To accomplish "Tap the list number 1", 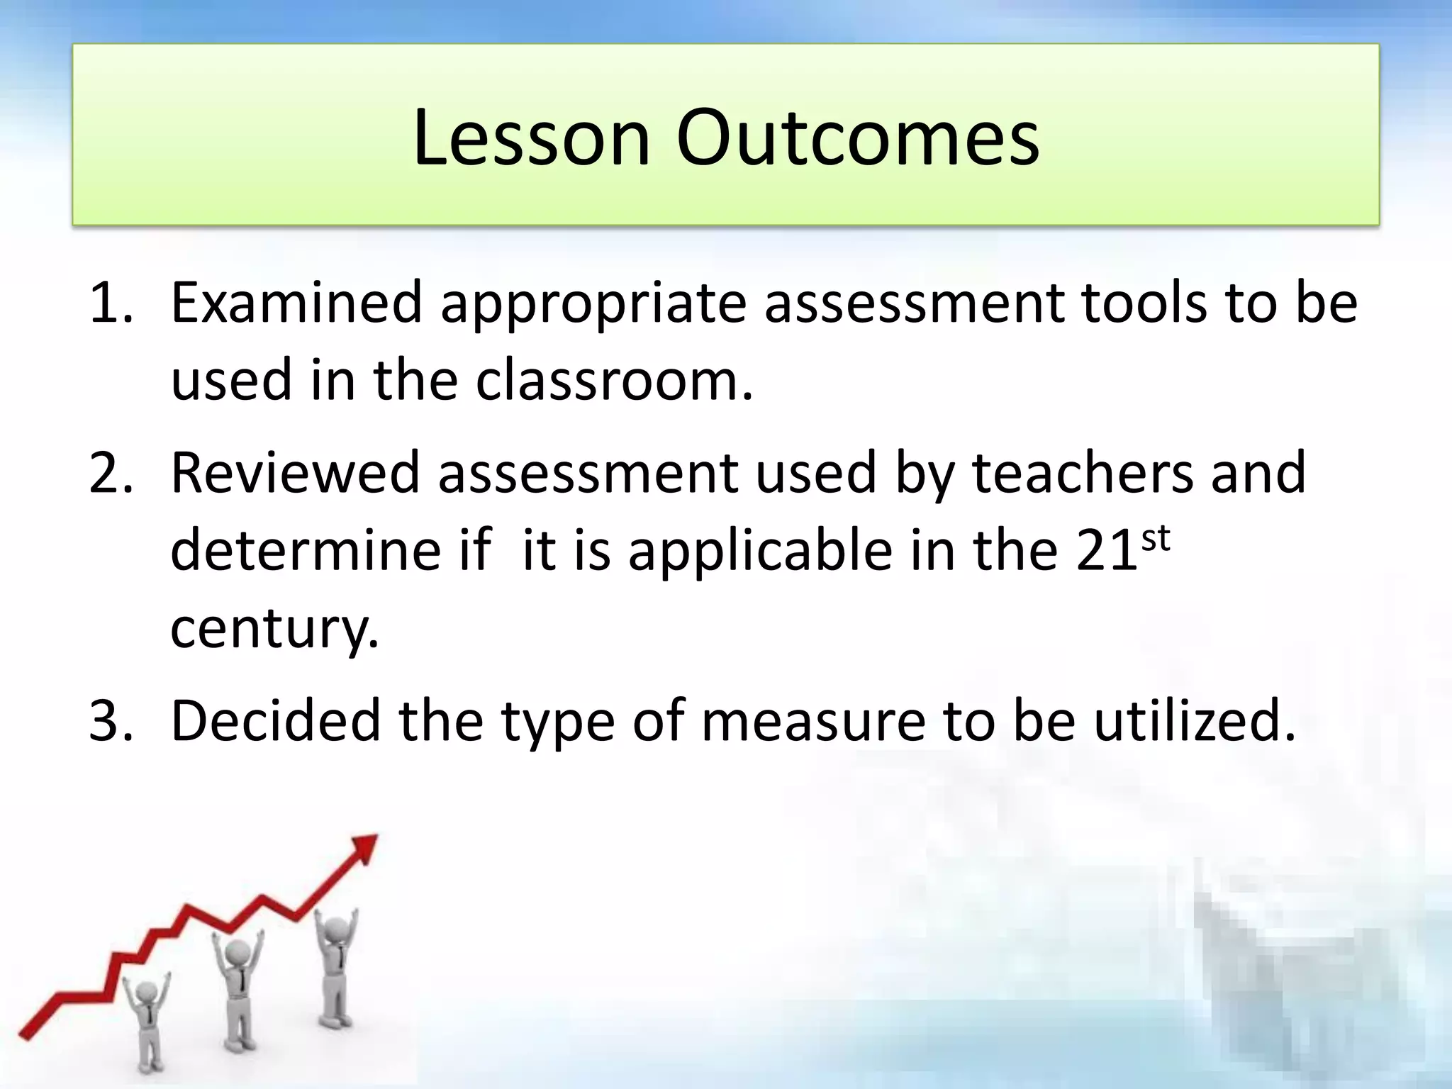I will click(x=110, y=303).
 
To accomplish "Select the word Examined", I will click(x=296, y=303).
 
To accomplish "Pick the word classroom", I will click(x=614, y=381).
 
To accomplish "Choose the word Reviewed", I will click(x=295, y=473).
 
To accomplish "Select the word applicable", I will click(x=760, y=552).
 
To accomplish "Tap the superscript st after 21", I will click(x=1155, y=540).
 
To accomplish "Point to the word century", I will click(x=275, y=629).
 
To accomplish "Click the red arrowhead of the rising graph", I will click(x=366, y=847).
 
